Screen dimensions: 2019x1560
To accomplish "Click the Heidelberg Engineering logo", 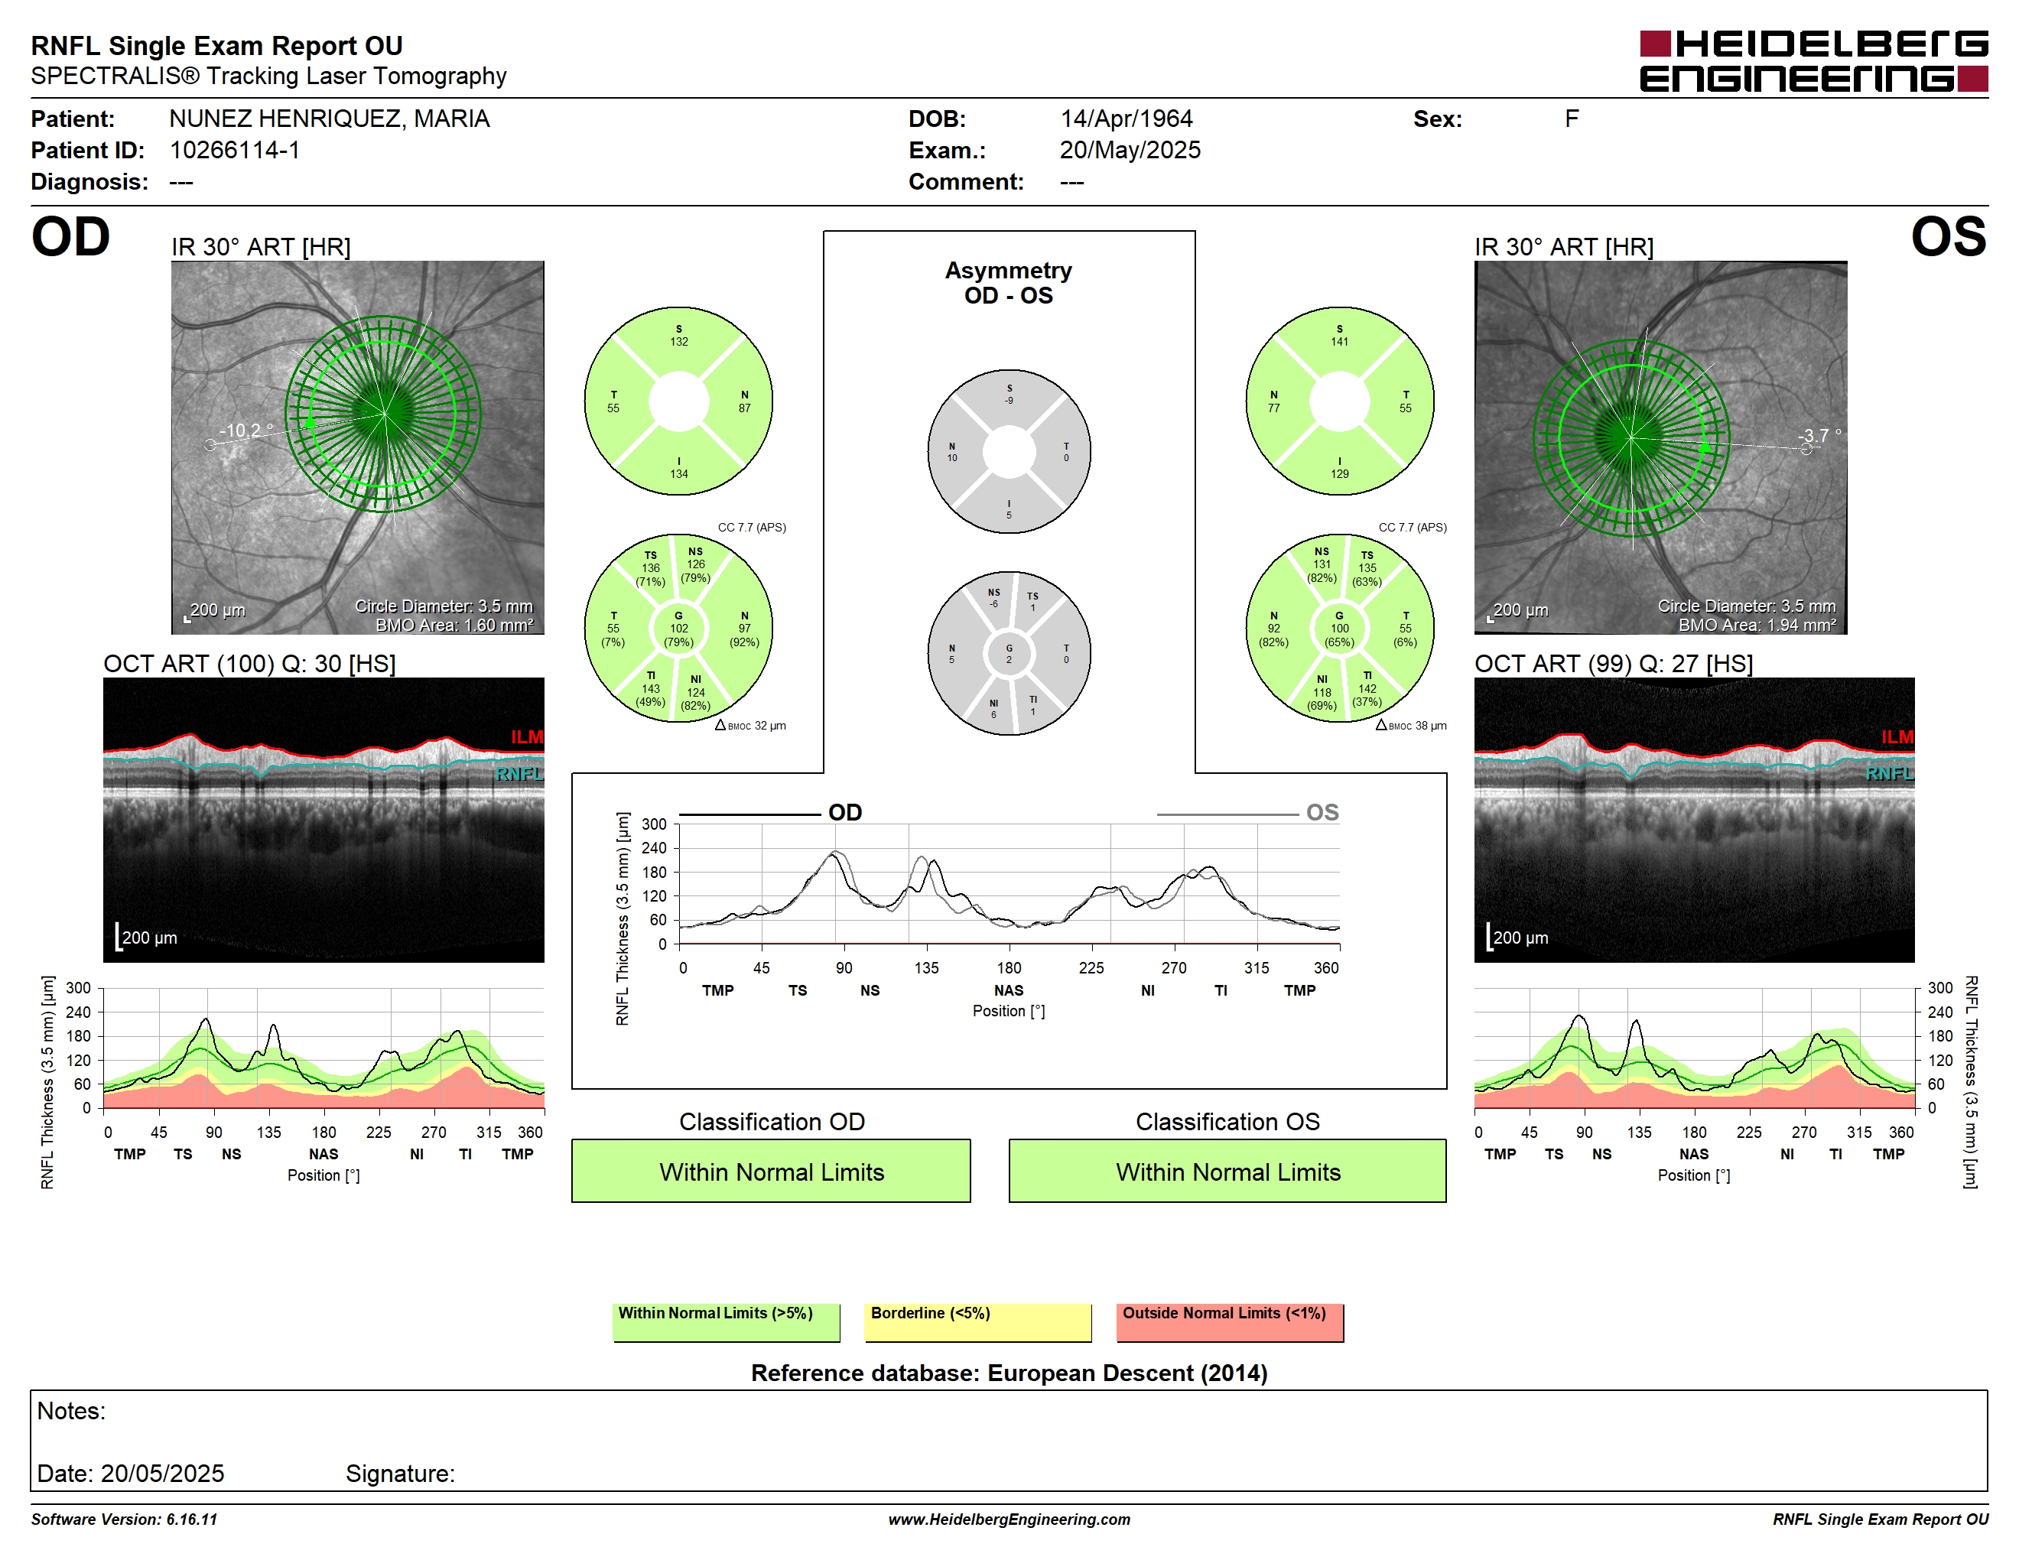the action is pyautogui.click(x=1814, y=61).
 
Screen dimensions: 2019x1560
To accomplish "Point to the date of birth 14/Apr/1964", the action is pyautogui.click(x=1126, y=119).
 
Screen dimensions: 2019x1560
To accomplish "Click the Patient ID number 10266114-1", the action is pyautogui.click(x=235, y=151).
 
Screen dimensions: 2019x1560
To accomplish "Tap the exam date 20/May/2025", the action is pyautogui.click(x=1130, y=151).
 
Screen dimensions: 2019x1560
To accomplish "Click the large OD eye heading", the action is pyautogui.click(x=71, y=238).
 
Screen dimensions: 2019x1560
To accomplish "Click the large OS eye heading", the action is pyautogui.click(x=1948, y=238).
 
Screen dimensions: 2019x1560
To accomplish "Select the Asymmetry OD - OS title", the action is pyautogui.click(x=1009, y=283).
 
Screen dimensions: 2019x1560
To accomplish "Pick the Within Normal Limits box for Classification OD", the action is pyautogui.click(x=771, y=1171).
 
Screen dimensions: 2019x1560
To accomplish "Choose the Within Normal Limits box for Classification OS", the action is pyautogui.click(x=1227, y=1171).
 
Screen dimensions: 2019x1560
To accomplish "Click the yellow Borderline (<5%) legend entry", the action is pyautogui.click(x=978, y=1321).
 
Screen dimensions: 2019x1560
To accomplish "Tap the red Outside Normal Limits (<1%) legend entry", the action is pyautogui.click(x=1230, y=1321).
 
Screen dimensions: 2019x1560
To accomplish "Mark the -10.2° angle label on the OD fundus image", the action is pyautogui.click(x=246, y=431).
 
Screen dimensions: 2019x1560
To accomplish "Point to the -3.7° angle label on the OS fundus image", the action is pyautogui.click(x=1819, y=435).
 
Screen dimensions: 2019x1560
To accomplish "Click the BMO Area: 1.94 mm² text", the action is pyautogui.click(x=1757, y=626).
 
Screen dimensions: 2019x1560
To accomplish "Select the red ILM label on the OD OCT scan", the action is pyautogui.click(x=527, y=736).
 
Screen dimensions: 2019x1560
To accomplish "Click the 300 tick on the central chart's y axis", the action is pyautogui.click(x=654, y=824).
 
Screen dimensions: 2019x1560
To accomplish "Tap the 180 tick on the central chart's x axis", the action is pyautogui.click(x=1009, y=967).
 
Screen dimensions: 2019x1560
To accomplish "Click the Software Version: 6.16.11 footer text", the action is pyautogui.click(x=124, y=1519).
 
